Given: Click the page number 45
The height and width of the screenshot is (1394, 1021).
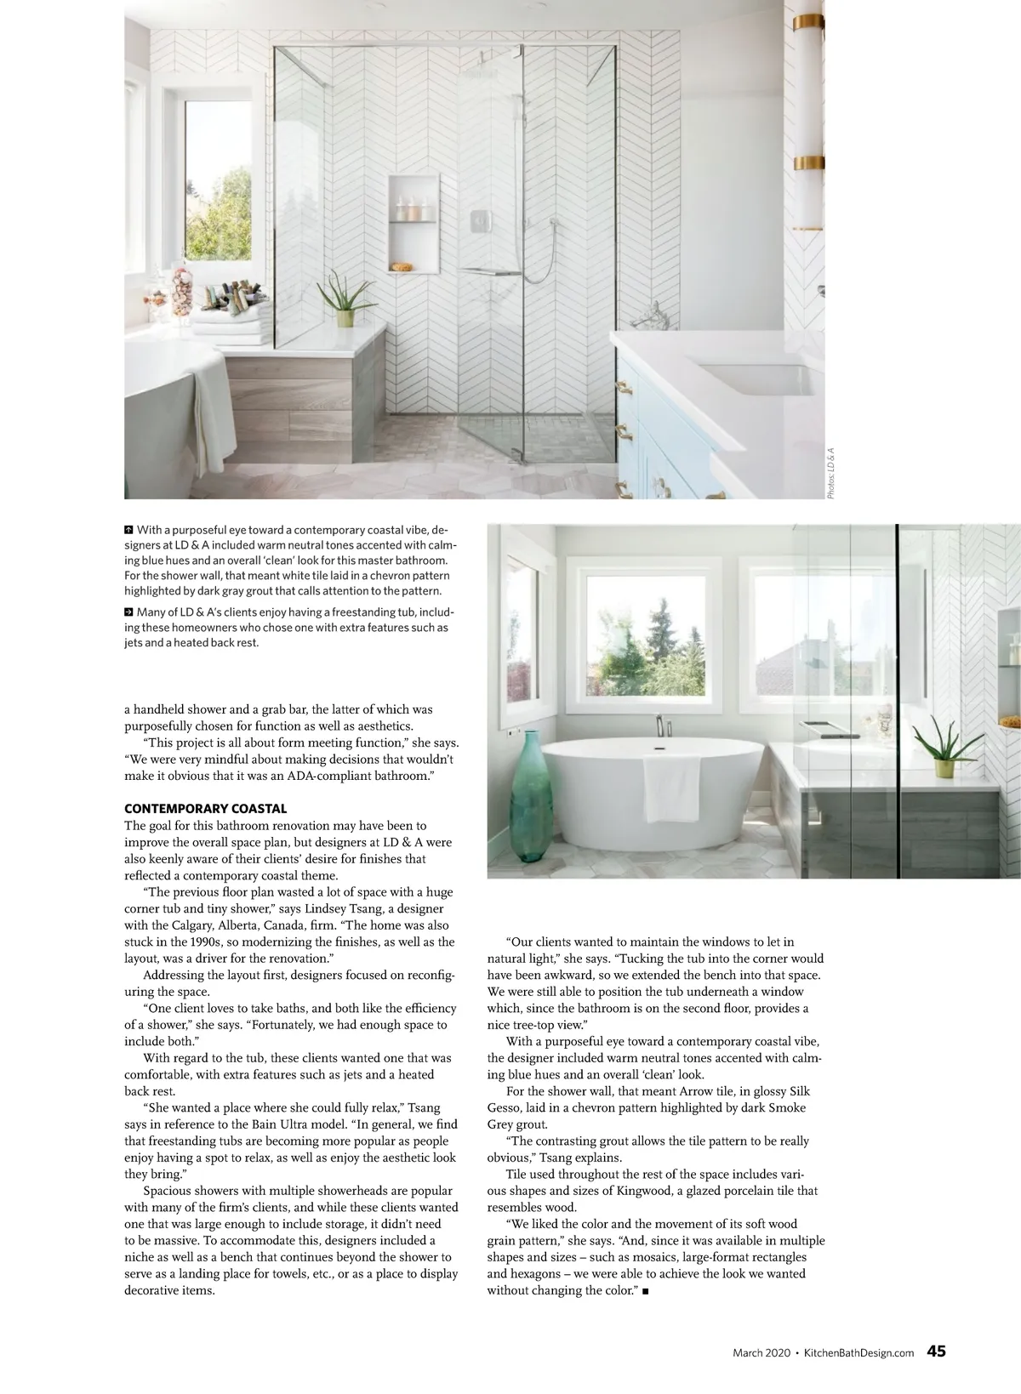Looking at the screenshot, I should point(936,1351).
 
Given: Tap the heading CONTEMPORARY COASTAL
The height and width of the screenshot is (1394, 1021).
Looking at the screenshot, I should point(205,809).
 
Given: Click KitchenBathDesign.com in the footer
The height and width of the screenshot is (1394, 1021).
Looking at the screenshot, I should point(858,1352).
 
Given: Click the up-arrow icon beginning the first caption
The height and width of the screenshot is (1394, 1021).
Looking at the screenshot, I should point(128,530).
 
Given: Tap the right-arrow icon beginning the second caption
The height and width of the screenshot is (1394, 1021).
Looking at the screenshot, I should point(128,612).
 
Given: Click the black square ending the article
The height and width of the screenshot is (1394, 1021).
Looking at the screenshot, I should point(646,1292).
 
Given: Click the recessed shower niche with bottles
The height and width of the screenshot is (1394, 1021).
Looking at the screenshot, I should point(414,224).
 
